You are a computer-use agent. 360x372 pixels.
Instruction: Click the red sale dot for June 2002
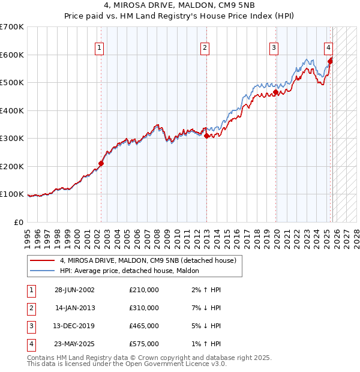(101, 163)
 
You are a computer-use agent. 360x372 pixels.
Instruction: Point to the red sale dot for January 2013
(206, 136)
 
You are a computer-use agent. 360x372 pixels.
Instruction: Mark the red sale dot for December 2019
(276, 92)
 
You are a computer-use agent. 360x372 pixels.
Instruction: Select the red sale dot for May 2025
(331, 60)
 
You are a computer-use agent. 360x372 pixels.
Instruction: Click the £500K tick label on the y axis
(12, 83)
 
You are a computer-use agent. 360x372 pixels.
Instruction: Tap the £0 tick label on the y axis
(18, 222)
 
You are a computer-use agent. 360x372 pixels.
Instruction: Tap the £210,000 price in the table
(144, 290)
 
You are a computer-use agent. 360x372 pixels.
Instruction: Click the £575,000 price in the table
(144, 344)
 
